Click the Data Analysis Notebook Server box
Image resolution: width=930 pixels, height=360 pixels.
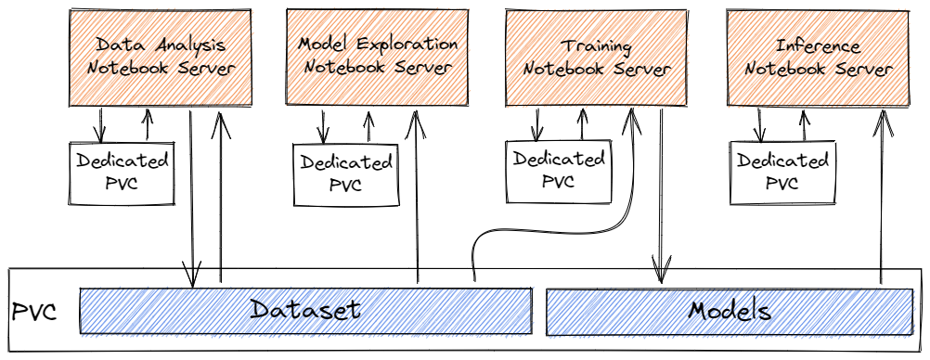coord(161,58)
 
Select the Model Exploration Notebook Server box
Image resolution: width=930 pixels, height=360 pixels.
coord(377,58)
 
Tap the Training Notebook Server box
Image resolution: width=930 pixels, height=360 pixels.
coord(596,58)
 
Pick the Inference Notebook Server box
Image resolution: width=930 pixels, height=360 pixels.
coord(818,58)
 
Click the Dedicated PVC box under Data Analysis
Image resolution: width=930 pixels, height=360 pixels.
coord(123,174)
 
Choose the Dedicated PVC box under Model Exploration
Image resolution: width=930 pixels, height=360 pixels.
coord(346,174)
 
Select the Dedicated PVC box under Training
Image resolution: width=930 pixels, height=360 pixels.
coord(558,172)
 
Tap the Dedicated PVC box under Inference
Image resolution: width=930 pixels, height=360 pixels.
coord(782,173)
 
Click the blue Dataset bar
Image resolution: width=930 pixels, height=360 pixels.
coord(305,311)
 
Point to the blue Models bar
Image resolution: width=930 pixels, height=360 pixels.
coord(729,312)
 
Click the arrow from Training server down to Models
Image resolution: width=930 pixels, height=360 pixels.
coord(661,196)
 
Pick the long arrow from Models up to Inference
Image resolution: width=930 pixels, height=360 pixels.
coord(882,196)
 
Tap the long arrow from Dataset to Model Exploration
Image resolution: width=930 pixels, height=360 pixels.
coord(417,196)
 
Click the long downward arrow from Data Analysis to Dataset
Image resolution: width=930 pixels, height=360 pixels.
coord(191,199)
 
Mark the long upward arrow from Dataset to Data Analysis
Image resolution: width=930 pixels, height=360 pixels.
coord(221,196)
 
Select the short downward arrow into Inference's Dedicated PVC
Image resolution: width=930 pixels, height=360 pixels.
coord(758,124)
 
